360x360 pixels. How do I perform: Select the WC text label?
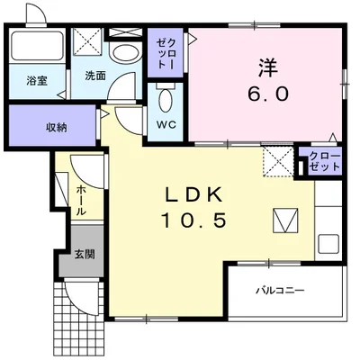click(x=166, y=124)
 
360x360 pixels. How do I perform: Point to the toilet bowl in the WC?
click(x=166, y=97)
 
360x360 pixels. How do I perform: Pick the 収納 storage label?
click(x=57, y=126)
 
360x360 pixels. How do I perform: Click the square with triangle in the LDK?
click(x=285, y=219)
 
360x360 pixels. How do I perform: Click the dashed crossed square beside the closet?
click(x=278, y=163)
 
